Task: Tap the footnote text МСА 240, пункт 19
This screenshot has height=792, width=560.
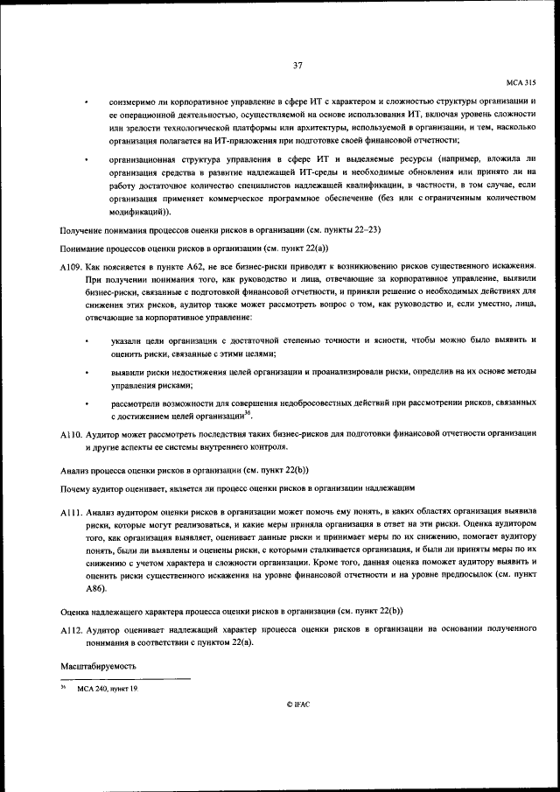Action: pos(108,690)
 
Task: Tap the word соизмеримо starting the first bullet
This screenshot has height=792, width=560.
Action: pos(133,102)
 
